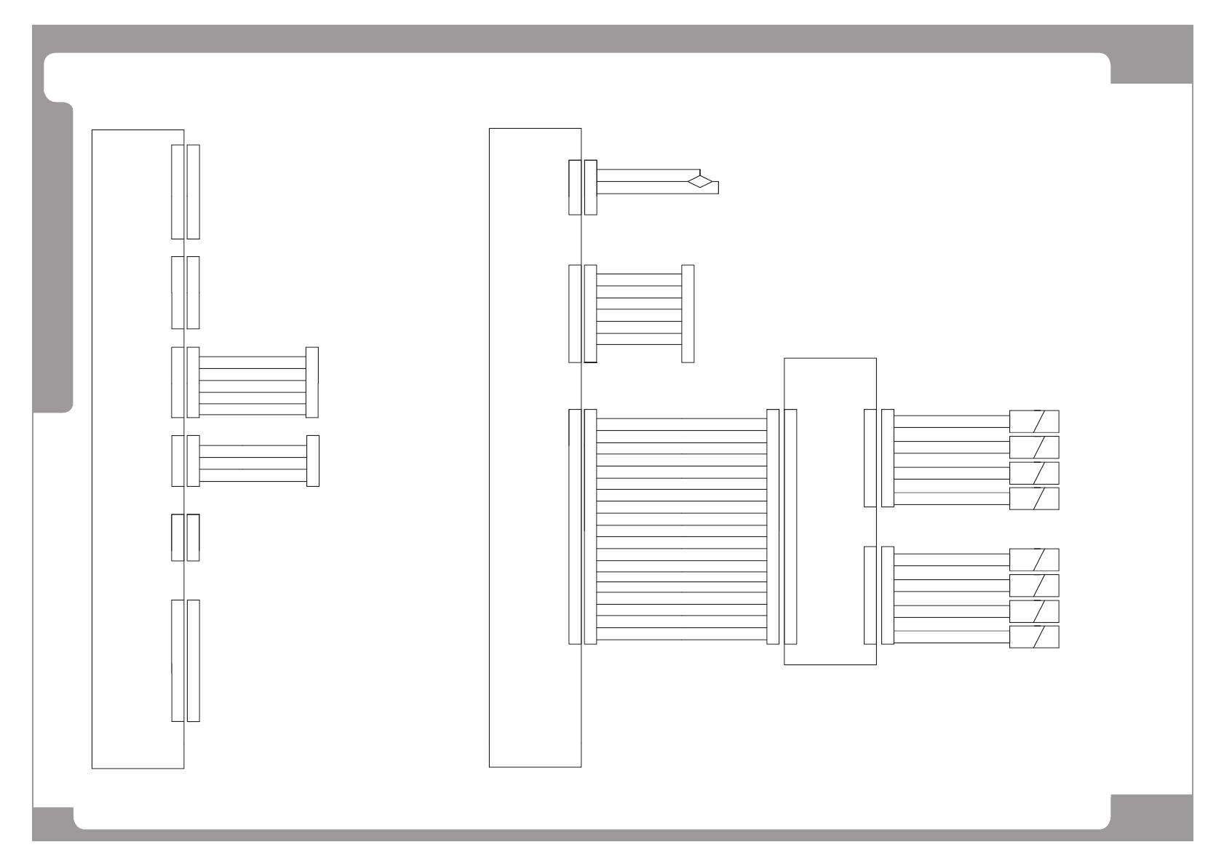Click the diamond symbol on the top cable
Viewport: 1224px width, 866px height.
pos(701,181)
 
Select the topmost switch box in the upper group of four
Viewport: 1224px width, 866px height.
pos(1033,421)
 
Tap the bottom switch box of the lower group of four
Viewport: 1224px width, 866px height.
pos(1033,636)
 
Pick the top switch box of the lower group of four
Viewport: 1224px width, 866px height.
pos(1033,560)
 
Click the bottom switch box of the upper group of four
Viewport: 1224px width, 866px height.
pos(1033,498)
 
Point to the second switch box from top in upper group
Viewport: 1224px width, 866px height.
pos(1033,447)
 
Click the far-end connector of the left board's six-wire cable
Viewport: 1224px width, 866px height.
pos(312,382)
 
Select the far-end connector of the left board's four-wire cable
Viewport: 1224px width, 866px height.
pos(313,461)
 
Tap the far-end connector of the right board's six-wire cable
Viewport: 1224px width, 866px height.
pos(688,313)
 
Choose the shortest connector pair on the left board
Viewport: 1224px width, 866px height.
pos(185,537)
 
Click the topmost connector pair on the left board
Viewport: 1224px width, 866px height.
pos(185,191)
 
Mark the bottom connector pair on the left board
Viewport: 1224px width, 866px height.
pos(185,660)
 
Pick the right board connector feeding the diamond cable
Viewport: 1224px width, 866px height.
pos(582,187)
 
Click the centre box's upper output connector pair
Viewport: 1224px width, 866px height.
pos(878,458)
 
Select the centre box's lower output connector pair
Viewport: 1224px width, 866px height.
pos(878,595)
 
